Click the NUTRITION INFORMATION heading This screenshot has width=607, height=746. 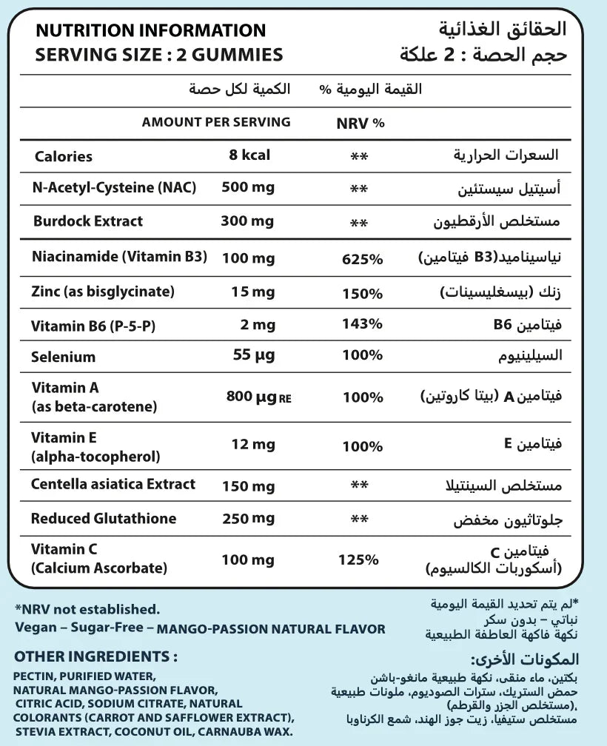[x=150, y=30]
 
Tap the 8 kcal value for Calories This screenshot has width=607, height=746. [x=249, y=155]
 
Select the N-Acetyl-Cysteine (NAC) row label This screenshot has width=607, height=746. [x=115, y=188]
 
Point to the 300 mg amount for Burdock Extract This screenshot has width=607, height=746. [x=248, y=221]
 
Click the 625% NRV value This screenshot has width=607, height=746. [x=362, y=259]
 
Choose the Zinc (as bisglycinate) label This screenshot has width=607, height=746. [x=103, y=292]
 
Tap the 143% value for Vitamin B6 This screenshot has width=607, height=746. [x=362, y=323]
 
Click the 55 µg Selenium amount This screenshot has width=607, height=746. [x=253, y=355]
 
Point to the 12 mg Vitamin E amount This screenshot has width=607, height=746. [x=254, y=444]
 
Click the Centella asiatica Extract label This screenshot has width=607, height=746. [x=113, y=484]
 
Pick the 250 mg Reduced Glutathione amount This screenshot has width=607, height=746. [x=248, y=518]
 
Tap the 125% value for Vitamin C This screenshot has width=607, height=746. [x=358, y=559]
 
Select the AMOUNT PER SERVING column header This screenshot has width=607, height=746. [x=216, y=122]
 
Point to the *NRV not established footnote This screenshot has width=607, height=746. [x=87, y=609]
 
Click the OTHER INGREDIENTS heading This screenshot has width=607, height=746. [x=95, y=656]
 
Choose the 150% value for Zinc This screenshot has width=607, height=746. [x=362, y=292]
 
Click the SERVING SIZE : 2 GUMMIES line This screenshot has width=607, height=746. [x=159, y=55]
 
